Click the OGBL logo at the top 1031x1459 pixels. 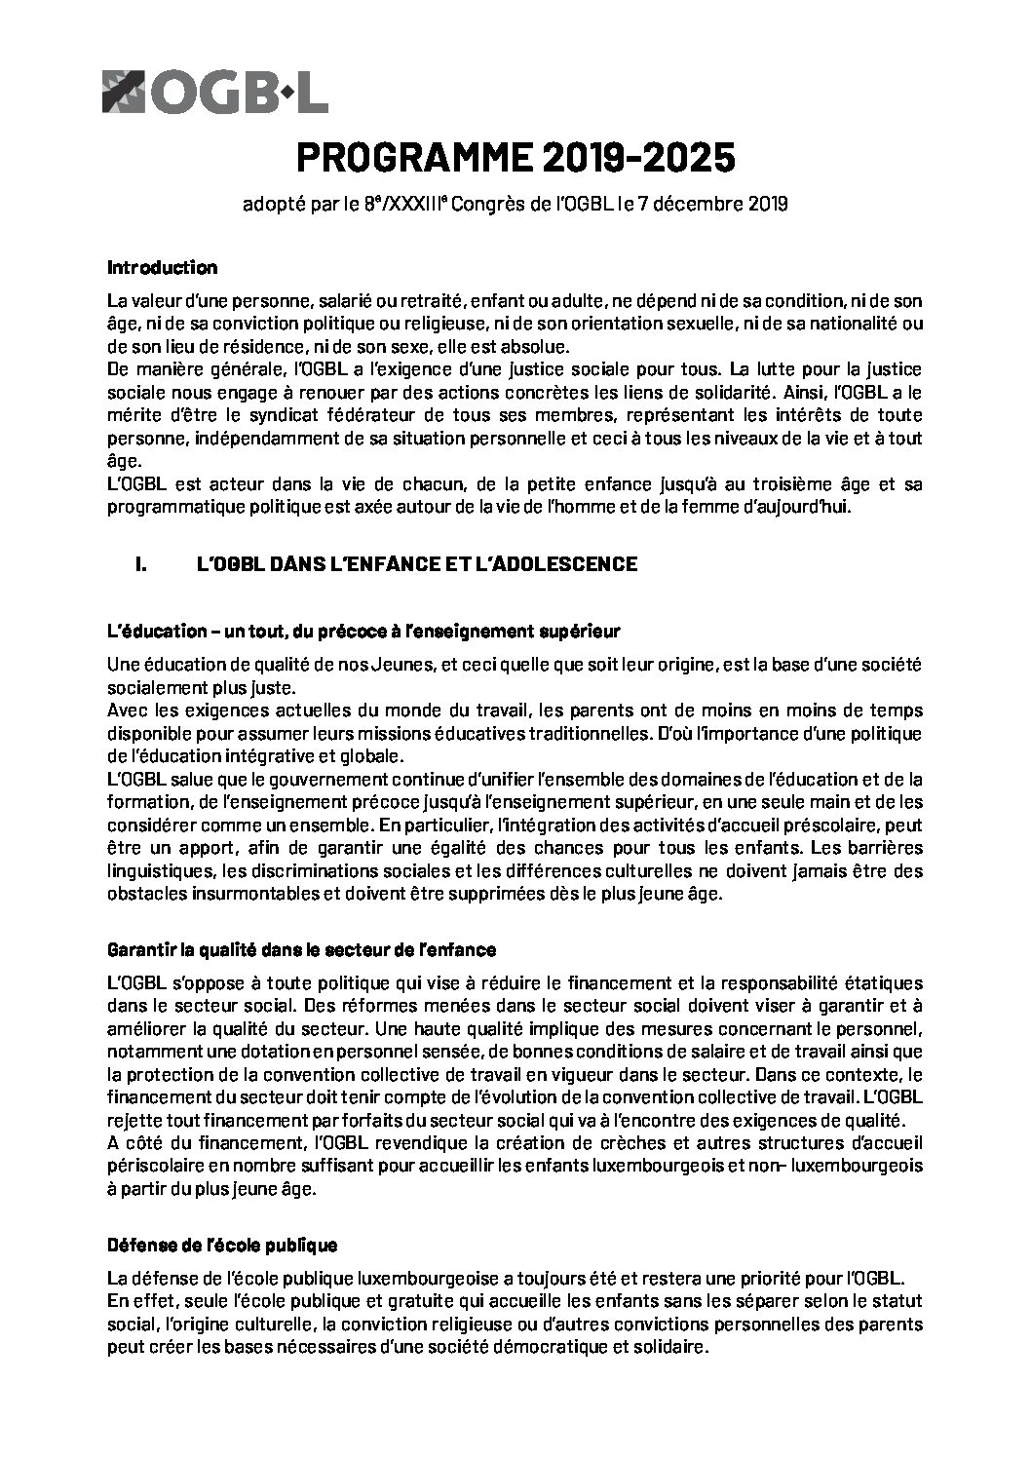214,92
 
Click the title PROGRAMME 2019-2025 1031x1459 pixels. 515,159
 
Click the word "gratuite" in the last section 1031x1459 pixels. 411,1301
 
